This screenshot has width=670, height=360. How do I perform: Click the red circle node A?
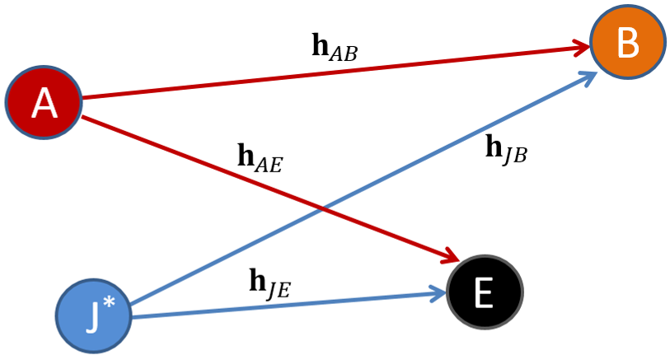[x=44, y=103]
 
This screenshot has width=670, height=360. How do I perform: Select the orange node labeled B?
[x=627, y=44]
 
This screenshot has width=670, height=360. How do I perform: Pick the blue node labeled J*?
[x=94, y=317]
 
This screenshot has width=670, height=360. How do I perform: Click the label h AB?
[x=334, y=47]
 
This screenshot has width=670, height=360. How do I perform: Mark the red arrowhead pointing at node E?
[x=449, y=258]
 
